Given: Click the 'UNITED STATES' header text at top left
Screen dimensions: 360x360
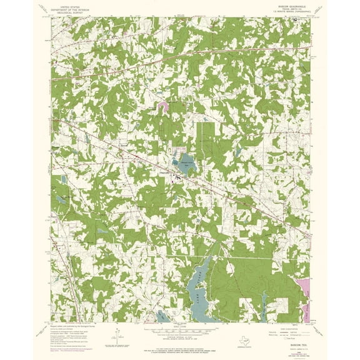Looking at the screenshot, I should coord(70,4).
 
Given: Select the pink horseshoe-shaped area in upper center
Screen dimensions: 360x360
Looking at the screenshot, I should coord(163,108).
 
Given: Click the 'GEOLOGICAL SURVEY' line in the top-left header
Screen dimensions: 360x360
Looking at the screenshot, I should coord(70,12).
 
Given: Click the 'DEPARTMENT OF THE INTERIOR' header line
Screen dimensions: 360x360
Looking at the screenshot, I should coord(70,8).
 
